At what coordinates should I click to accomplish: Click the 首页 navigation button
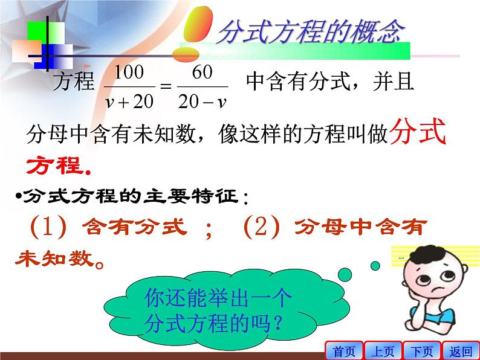(x=344, y=351)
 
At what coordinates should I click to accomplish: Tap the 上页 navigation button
(x=383, y=351)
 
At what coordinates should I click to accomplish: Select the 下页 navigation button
(x=422, y=351)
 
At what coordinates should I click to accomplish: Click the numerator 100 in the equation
(x=129, y=72)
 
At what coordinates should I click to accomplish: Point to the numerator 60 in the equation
(x=202, y=72)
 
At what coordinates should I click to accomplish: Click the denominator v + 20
(x=129, y=101)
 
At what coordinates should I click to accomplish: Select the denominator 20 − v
(x=203, y=101)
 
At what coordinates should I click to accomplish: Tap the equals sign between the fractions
(x=166, y=86)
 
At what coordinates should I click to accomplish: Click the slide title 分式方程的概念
(x=311, y=31)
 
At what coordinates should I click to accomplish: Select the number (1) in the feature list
(x=48, y=227)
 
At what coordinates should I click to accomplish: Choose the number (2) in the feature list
(x=261, y=227)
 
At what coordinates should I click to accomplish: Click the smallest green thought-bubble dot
(x=375, y=266)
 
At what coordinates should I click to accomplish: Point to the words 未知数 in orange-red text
(x=55, y=259)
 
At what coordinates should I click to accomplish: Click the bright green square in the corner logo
(x=37, y=31)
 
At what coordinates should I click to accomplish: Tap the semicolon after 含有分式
(x=209, y=230)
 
